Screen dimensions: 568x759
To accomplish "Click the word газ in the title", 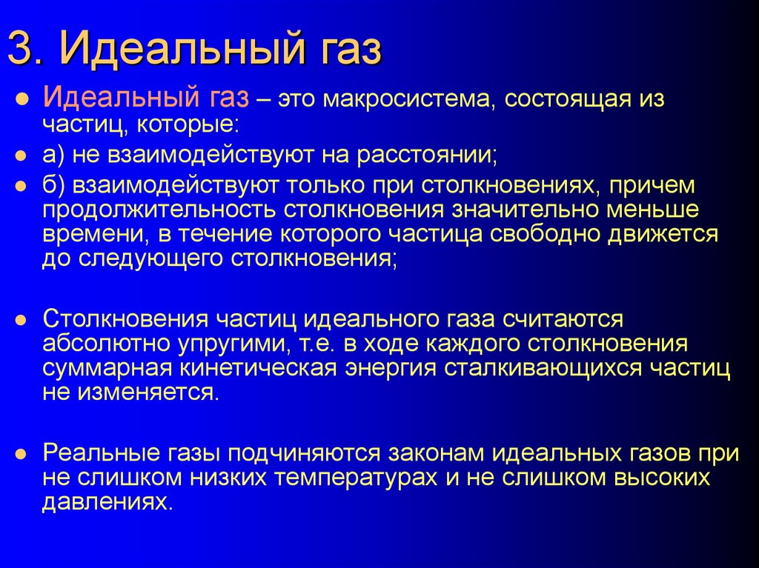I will click(x=342, y=51).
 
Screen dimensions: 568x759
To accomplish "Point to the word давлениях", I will click(x=106, y=504).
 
